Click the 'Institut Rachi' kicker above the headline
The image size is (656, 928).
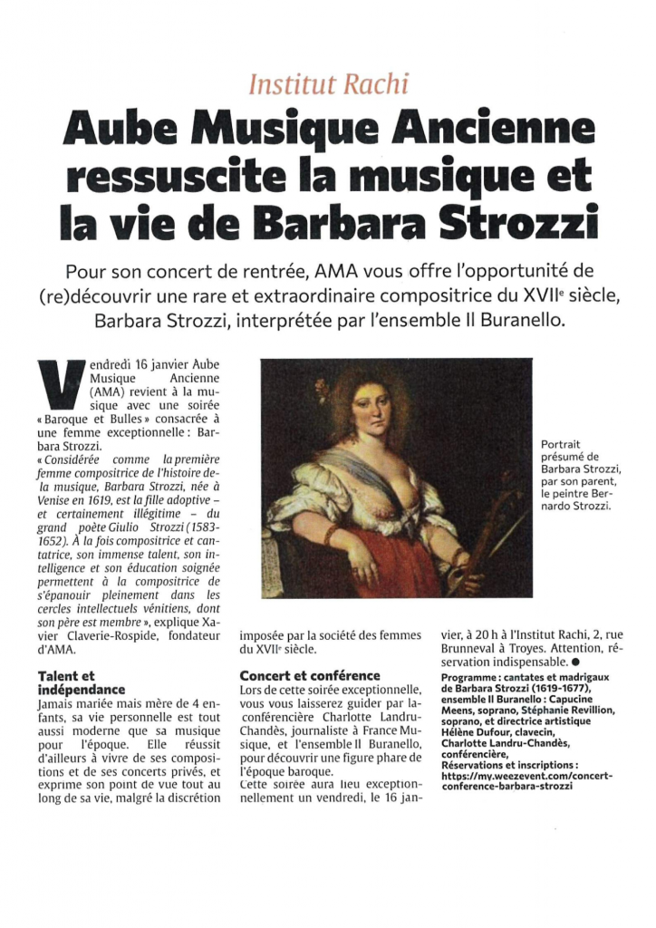tap(328, 84)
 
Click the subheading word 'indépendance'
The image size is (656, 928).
tap(82, 690)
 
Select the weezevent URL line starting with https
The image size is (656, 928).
tap(525, 777)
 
